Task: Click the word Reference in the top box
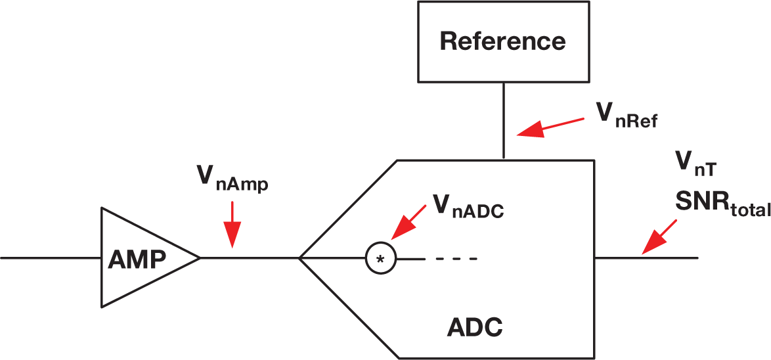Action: tap(502, 41)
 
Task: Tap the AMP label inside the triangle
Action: tap(137, 259)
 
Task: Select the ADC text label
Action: tap(475, 326)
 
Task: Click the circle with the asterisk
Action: tap(380, 258)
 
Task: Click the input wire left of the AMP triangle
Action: tap(50, 258)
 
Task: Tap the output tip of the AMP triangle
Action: tap(198, 258)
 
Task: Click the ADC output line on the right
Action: tap(646, 258)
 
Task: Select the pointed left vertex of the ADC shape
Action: tap(300, 258)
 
